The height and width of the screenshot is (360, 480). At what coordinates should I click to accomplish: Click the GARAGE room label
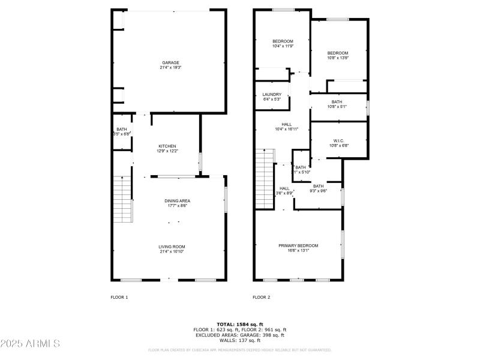170,62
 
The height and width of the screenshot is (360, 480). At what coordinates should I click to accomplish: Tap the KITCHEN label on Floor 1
167,146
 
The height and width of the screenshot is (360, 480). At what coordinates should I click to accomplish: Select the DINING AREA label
178,200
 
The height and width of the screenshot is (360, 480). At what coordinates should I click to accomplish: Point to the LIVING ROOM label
172,246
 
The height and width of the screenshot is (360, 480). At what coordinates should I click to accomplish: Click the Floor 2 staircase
265,178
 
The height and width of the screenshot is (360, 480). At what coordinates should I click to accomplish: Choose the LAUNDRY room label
272,94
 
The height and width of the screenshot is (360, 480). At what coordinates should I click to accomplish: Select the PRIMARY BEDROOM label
298,245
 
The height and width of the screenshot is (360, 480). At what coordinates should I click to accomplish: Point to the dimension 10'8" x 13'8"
338,58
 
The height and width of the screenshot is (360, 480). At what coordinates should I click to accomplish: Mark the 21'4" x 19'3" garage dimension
170,68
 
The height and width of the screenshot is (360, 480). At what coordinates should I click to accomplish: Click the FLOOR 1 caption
119,297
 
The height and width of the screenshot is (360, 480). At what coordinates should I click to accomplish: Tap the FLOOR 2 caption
261,297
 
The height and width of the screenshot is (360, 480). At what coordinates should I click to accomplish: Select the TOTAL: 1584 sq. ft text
240,324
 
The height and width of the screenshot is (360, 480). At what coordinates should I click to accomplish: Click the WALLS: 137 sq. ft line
240,340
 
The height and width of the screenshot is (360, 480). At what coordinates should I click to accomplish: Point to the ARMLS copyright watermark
30,344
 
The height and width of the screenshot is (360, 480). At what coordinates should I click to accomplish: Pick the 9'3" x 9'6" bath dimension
318,191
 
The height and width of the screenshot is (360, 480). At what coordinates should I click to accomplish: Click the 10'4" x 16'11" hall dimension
286,129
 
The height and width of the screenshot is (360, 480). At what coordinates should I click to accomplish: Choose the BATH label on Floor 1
122,129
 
